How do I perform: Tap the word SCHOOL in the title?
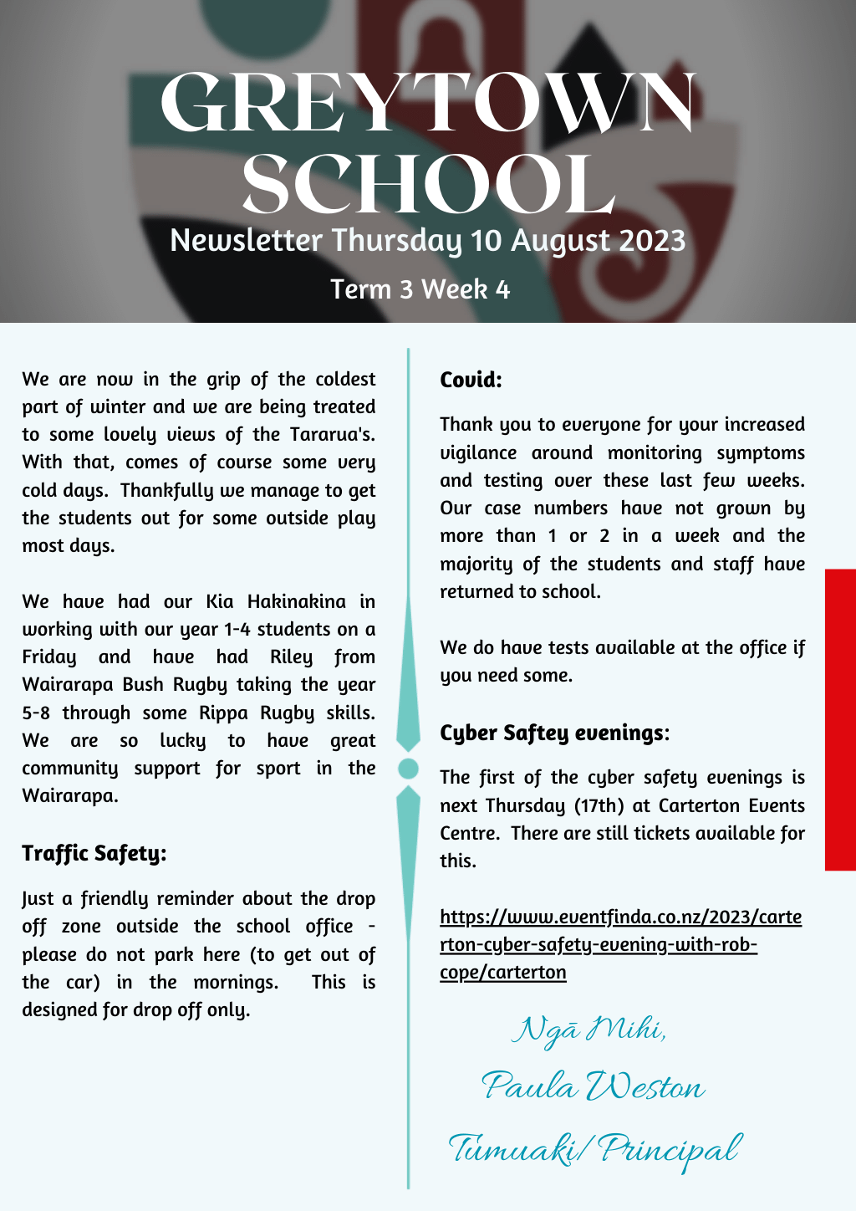click(428, 184)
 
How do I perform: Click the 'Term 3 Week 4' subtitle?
click(420, 289)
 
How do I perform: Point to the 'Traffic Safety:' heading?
click(94, 853)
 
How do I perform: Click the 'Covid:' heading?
click(471, 381)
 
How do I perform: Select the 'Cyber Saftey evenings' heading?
click(552, 733)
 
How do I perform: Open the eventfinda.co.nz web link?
click(620, 944)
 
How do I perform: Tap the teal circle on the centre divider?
click(409, 768)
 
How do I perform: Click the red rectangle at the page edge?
click(840, 719)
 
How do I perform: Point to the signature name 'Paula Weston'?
click(594, 1087)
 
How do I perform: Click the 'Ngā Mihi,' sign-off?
click(589, 1030)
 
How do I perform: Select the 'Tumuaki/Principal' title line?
click(594, 1149)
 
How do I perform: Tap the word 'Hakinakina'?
click(296, 601)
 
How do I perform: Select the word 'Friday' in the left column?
click(49, 657)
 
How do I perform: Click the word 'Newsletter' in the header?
click(246, 241)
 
